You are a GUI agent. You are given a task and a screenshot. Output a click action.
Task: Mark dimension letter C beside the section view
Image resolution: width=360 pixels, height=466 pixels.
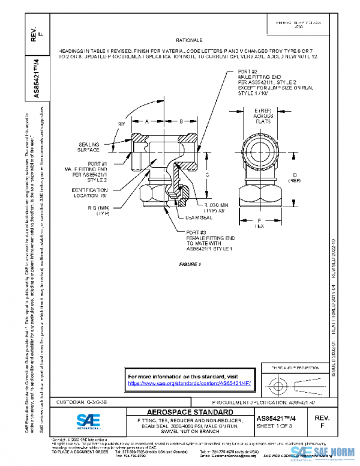pos(207,175)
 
